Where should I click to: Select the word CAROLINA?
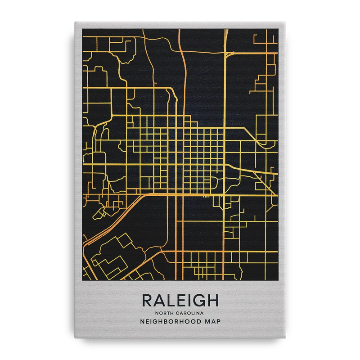point(192,313)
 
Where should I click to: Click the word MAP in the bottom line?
point(211,322)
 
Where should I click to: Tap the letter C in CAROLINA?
point(181,313)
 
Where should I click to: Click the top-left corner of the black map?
point(82,28)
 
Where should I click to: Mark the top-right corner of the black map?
point(278,28)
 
